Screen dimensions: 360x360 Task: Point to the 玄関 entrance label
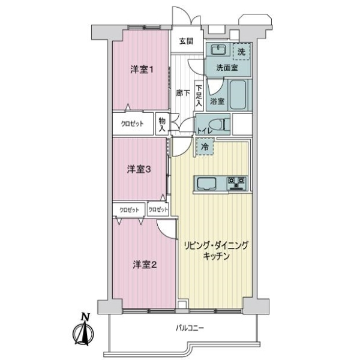coord(186,41)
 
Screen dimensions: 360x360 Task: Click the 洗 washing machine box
coord(241,52)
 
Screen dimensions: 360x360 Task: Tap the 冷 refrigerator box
coord(205,146)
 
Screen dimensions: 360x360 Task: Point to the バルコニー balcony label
coord(190,328)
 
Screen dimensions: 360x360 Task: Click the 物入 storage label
coord(162,125)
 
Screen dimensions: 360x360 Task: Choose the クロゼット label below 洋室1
coord(133,125)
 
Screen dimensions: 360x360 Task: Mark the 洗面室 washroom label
coord(227,68)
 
